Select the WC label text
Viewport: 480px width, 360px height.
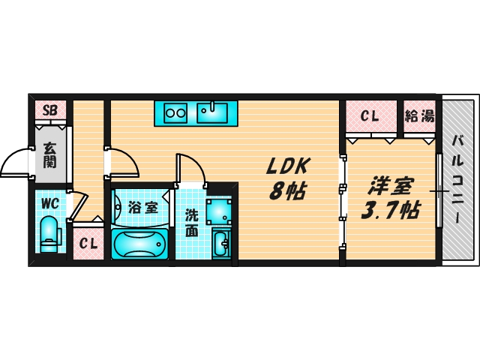tap(49, 203)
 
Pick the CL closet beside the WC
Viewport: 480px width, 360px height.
tap(88, 243)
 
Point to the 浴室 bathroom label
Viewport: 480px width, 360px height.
tap(142, 208)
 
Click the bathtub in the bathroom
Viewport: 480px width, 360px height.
tap(142, 242)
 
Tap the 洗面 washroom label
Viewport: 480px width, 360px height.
tap(192, 223)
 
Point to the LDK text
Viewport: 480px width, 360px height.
tap(286, 167)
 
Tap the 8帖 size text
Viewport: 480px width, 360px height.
tap(286, 191)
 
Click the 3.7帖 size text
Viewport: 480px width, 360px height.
tap(388, 211)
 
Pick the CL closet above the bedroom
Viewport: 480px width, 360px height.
tap(369, 116)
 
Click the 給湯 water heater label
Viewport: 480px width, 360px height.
tap(419, 116)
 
